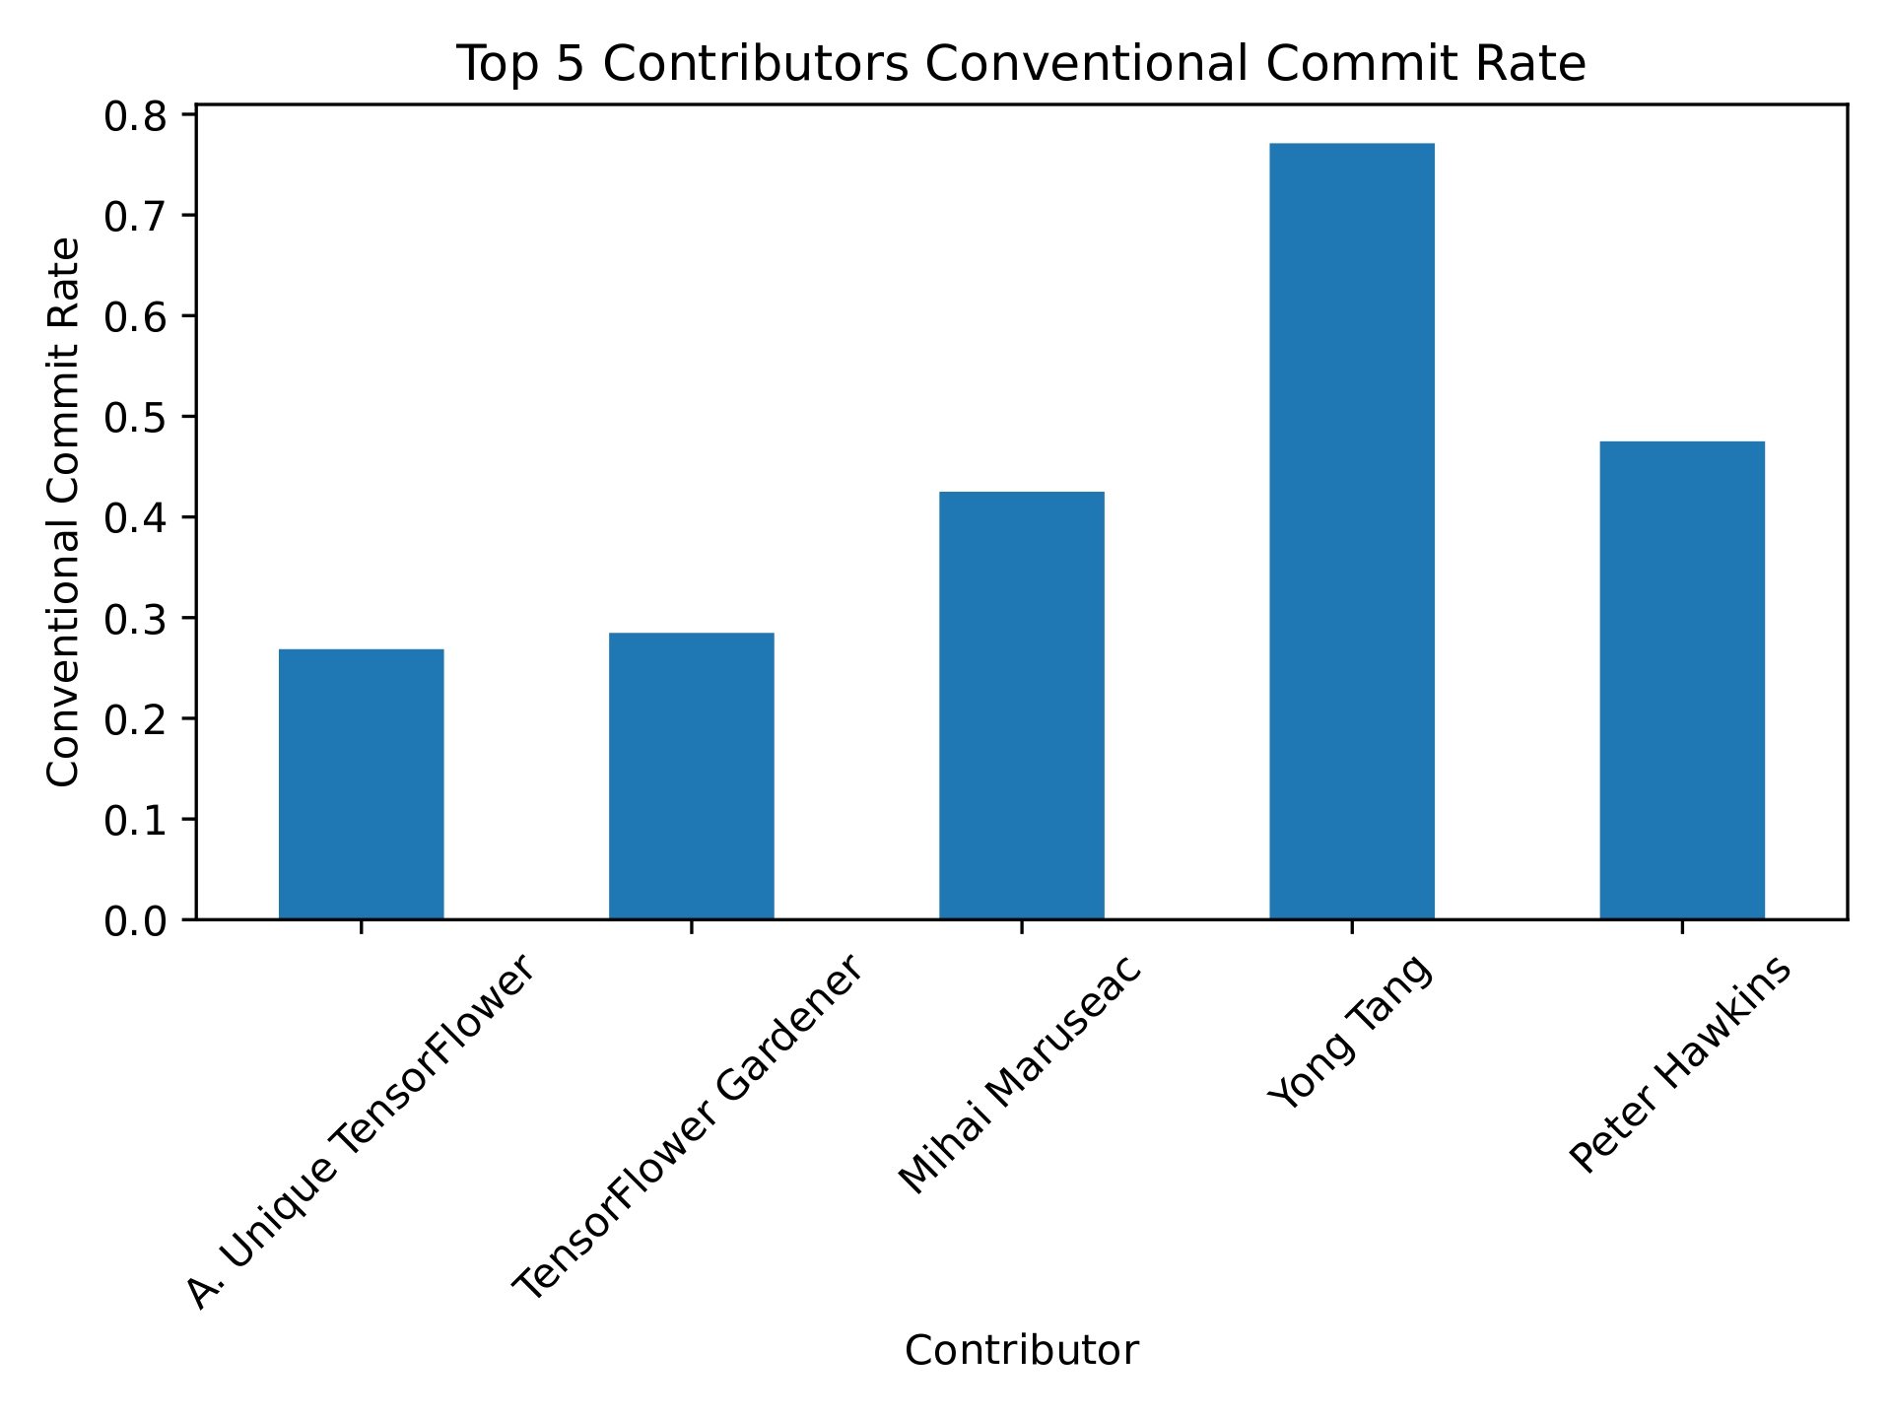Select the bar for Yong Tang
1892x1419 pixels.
[1351, 531]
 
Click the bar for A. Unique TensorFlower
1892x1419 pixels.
[361, 783]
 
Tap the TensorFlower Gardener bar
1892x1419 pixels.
[691, 776]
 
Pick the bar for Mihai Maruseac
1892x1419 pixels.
[1021, 705]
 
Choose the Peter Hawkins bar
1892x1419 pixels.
[1681, 680]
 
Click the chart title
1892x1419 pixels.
[1021, 65]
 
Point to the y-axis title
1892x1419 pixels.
[64, 511]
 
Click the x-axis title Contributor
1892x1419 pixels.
[1021, 1350]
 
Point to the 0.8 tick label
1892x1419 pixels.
[136, 116]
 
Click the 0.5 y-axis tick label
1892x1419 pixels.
[136, 418]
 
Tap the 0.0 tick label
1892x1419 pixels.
[136, 920]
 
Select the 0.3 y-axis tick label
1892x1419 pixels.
[136, 619]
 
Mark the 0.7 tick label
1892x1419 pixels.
[136, 217]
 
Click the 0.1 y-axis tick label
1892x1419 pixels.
[136, 820]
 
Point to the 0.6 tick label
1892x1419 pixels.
[136, 317]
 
